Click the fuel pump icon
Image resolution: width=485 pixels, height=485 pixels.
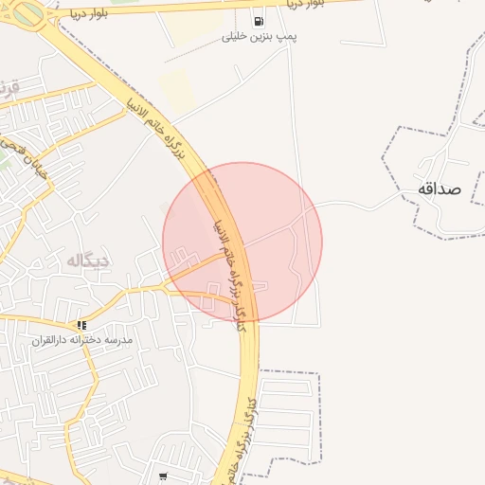click(x=258, y=21)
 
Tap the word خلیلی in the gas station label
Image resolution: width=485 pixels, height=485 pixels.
click(x=235, y=37)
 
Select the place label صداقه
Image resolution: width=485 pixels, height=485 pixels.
click(x=439, y=189)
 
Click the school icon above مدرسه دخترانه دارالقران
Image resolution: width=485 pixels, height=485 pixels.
click(x=81, y=325)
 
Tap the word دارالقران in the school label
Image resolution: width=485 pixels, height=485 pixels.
click(x=53, y=340)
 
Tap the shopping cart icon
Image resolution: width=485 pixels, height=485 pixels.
click(x=164, y=476)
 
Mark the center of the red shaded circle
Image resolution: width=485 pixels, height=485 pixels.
click(x=242, y=242)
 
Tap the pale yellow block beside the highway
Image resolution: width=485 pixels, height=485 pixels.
click(x=177, y=91)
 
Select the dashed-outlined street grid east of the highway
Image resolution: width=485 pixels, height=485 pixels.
click(x=289, y=417)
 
